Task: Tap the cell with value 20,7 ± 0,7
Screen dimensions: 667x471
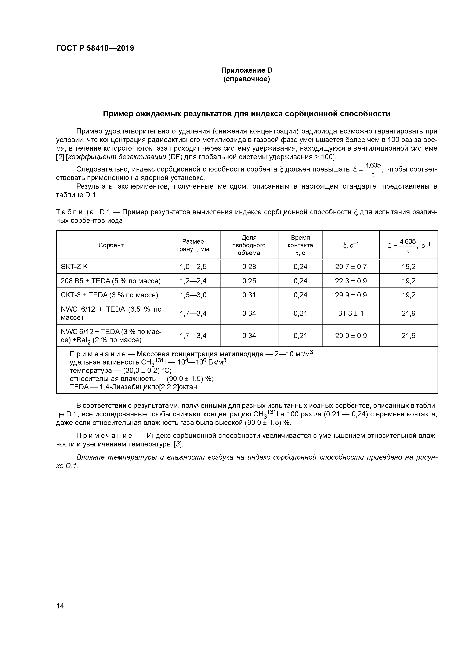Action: coord(351,266)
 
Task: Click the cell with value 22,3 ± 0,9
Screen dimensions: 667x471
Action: coord(351,281)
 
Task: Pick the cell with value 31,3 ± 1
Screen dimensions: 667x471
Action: coord(351,313)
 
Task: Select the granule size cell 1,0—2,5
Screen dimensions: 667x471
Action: coord(193,266)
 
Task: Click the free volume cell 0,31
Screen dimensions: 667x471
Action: coord(249,295)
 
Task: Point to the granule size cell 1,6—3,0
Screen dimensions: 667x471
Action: coord(193,295)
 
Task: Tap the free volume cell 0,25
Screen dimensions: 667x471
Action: coord(249,281)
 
